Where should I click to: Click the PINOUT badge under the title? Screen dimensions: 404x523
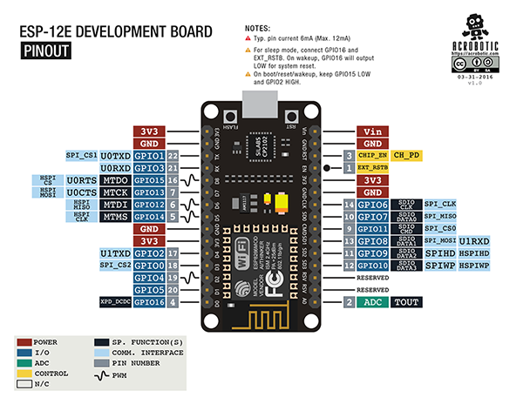(49, 51)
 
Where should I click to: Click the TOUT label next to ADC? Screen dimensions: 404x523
(405, 302)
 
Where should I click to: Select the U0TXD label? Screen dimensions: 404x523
(115, 156)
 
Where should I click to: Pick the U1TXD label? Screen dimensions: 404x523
(115, 252)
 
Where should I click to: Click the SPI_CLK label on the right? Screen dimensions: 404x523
(440, 204)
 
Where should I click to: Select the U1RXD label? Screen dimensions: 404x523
(474, 240)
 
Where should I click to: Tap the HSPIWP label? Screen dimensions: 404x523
(474, 265)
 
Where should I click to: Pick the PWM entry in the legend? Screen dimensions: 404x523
(119, 376)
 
